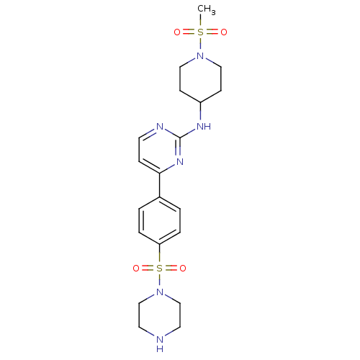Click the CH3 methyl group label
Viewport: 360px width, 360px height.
(x=207, y=10)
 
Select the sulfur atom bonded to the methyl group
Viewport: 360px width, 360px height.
(x=200, y=32)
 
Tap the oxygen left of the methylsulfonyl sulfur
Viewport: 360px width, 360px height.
(x=177, y=32)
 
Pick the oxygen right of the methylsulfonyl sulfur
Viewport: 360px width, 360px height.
(x=224, y=32)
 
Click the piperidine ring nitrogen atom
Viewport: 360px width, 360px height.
(x=200, y=55)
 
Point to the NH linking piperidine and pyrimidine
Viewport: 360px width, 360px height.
(x=204, y=126)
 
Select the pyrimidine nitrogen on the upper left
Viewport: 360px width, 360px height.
(x=160, y=126)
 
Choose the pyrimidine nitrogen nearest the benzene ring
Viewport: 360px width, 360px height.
(x=180, y=161)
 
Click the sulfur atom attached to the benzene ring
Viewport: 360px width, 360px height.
(x=159, y=268)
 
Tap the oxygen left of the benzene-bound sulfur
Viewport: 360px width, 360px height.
(x=136, y=268)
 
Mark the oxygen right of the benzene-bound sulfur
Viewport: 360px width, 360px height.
(x=183, y=268)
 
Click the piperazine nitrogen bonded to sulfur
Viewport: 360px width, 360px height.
(x=160, y=292)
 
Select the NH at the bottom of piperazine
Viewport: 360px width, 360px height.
(x=160, y=343)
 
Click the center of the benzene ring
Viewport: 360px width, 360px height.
(x=160, y=221)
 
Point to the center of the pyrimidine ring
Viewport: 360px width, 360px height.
(x=160, y=150)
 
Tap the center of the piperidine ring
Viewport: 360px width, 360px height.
(x=200, y=79)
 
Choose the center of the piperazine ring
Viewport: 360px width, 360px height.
(x=160, y=315)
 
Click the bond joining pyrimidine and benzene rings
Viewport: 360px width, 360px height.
(x=160, y=185)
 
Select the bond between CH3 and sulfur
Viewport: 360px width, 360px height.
(x=200, y=21)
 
